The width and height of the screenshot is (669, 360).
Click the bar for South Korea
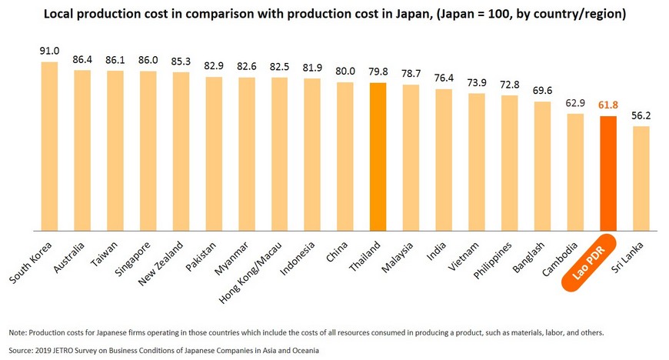[49, 146]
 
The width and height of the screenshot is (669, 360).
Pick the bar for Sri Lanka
[641, 178]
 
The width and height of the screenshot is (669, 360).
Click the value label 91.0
[49, 52]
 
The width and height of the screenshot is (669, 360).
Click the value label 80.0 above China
[344, 72]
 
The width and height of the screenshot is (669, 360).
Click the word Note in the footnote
[17, 332]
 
